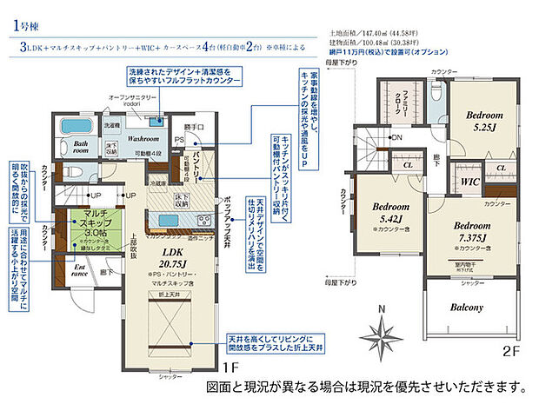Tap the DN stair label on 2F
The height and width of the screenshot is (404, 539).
coord(397,137)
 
